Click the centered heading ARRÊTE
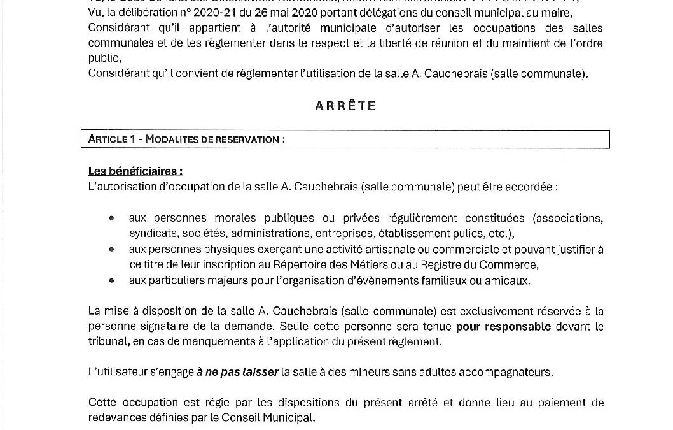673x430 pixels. (345, 106)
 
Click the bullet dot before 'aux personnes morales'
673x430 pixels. (112, 218)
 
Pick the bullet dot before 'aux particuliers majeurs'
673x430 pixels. (112, 280)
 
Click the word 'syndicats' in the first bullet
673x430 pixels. (151, 233)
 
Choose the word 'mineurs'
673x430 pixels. (350, 372)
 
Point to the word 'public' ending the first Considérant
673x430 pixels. (102, 58)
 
